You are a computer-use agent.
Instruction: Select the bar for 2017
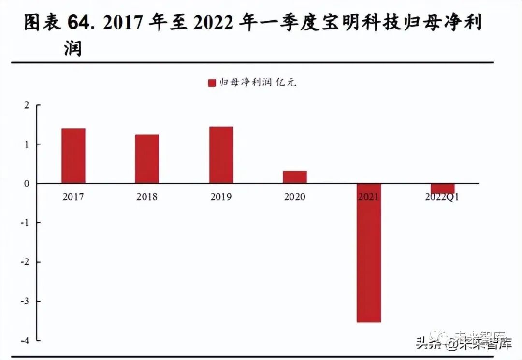coord(73,156)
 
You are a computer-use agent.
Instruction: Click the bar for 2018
coord(147,159)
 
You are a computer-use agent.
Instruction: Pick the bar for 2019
coord(221,155)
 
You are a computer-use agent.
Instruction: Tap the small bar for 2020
coord(295,177)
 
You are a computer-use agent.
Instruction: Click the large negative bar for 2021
coord(369,253)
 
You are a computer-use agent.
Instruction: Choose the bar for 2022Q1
coord(443,188)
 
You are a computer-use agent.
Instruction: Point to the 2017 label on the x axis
coord(73,197)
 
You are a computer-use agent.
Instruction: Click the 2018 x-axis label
coord(147,197)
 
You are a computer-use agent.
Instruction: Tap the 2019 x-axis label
coord(221,197)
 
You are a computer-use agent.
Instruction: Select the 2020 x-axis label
coord(295,197)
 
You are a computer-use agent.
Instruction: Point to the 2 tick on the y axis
coord(27,105)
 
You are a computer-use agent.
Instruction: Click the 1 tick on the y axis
coord(27,144)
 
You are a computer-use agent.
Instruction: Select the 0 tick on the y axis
coord(27,184)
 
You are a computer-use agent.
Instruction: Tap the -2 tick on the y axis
coord(26,262)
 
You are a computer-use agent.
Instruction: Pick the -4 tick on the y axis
coord(26,340)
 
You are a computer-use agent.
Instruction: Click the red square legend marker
coord(211,83)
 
